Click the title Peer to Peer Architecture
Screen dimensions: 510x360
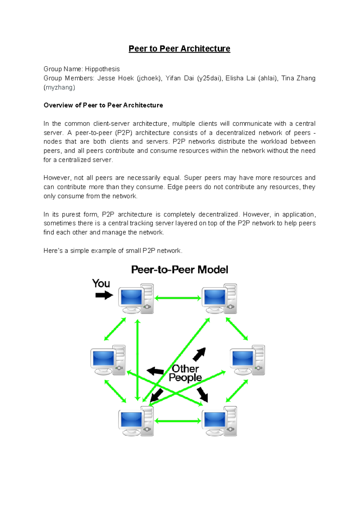[179, 49]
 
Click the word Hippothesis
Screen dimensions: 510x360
[102, 69]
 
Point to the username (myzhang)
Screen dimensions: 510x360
[59, 88]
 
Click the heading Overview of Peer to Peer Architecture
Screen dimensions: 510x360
[103, 105]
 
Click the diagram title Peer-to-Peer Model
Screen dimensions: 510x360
[179, 270]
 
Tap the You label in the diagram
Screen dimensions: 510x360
[101, 283]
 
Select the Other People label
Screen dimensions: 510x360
[185, 373]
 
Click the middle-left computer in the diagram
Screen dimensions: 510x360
[108, 360]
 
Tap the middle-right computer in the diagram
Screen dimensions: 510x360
[247, 360]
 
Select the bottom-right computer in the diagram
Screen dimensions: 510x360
[219, 421]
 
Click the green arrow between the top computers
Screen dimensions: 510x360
[178, 298]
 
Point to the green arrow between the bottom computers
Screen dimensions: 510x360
[178, 421]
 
